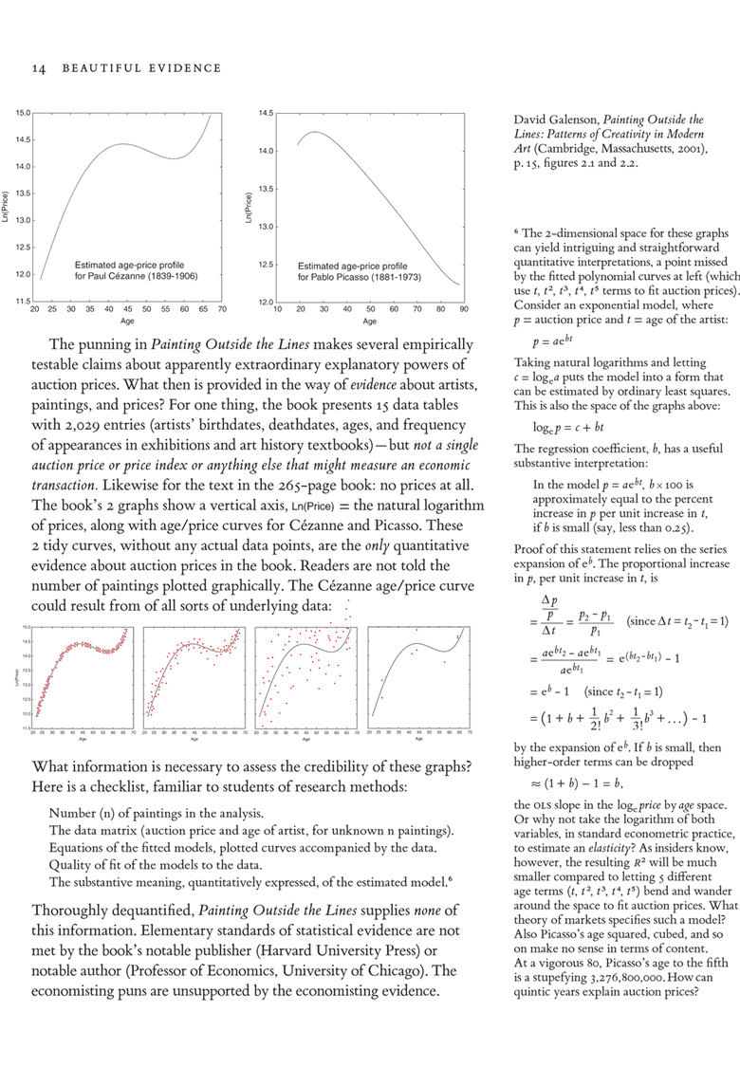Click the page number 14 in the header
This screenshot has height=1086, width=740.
tap(39, 68)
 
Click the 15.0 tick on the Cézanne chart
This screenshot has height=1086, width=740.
tap(23, 113)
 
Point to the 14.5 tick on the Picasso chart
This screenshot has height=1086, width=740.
tap(265, 113)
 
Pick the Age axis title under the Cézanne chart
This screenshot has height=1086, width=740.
tap(128, 322)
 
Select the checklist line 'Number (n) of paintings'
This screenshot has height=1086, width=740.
tap(157, 814)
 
